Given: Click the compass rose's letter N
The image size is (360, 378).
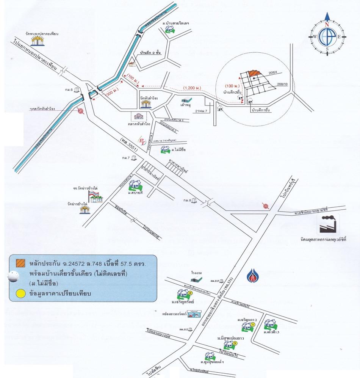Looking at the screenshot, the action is pyautogui.click(x=327, y=24).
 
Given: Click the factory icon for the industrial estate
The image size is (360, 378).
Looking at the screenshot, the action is pyautogui.click(x=329, y=224).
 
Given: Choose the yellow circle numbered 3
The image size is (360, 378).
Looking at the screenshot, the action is pyautogui.click(x=235, y=343).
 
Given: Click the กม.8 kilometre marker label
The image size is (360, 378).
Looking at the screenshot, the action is pyautogui.click(x=187, y=201).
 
